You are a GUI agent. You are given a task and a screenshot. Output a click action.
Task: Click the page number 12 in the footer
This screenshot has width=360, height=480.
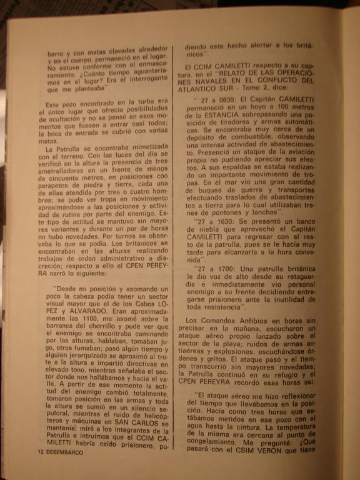[41, 451]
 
